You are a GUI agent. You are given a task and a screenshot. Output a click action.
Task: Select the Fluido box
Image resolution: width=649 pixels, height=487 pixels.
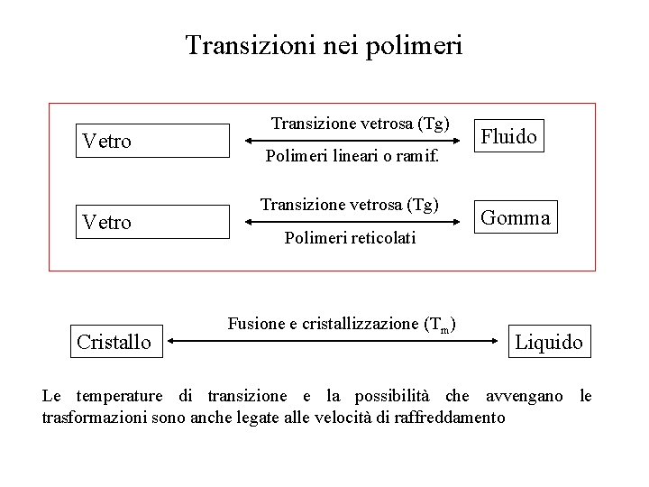click(x=509, y=137)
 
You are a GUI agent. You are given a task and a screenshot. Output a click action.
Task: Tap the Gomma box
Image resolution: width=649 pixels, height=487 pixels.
click(x=516, y=217)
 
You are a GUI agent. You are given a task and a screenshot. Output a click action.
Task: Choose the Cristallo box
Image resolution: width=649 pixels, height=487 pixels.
click(x=114, y=342)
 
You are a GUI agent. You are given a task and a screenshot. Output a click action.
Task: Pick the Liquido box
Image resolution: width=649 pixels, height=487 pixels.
click(x=549, y=342)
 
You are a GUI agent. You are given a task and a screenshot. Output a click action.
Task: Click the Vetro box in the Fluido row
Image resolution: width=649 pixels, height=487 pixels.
click(x=153, y=141)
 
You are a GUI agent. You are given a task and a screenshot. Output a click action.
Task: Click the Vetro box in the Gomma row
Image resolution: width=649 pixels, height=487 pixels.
click(x=153, y=221)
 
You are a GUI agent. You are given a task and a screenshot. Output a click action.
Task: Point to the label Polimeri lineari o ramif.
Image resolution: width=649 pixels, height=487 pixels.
click(x=352, y=157)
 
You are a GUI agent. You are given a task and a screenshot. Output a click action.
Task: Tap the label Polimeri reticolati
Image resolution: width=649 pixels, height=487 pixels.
click(x=350, y=237)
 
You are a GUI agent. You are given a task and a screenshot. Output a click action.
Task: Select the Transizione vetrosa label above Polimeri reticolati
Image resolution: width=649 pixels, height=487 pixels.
click(x=350, y=205)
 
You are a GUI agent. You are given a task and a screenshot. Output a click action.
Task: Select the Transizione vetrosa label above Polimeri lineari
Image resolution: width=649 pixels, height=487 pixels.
click(x=361, y=123)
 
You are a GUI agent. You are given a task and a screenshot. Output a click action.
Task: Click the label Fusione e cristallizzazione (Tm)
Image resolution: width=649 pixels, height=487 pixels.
click(x=341, y=324)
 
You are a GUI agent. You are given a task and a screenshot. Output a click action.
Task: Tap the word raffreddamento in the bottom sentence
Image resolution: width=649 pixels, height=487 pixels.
click(x=450, y=418)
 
